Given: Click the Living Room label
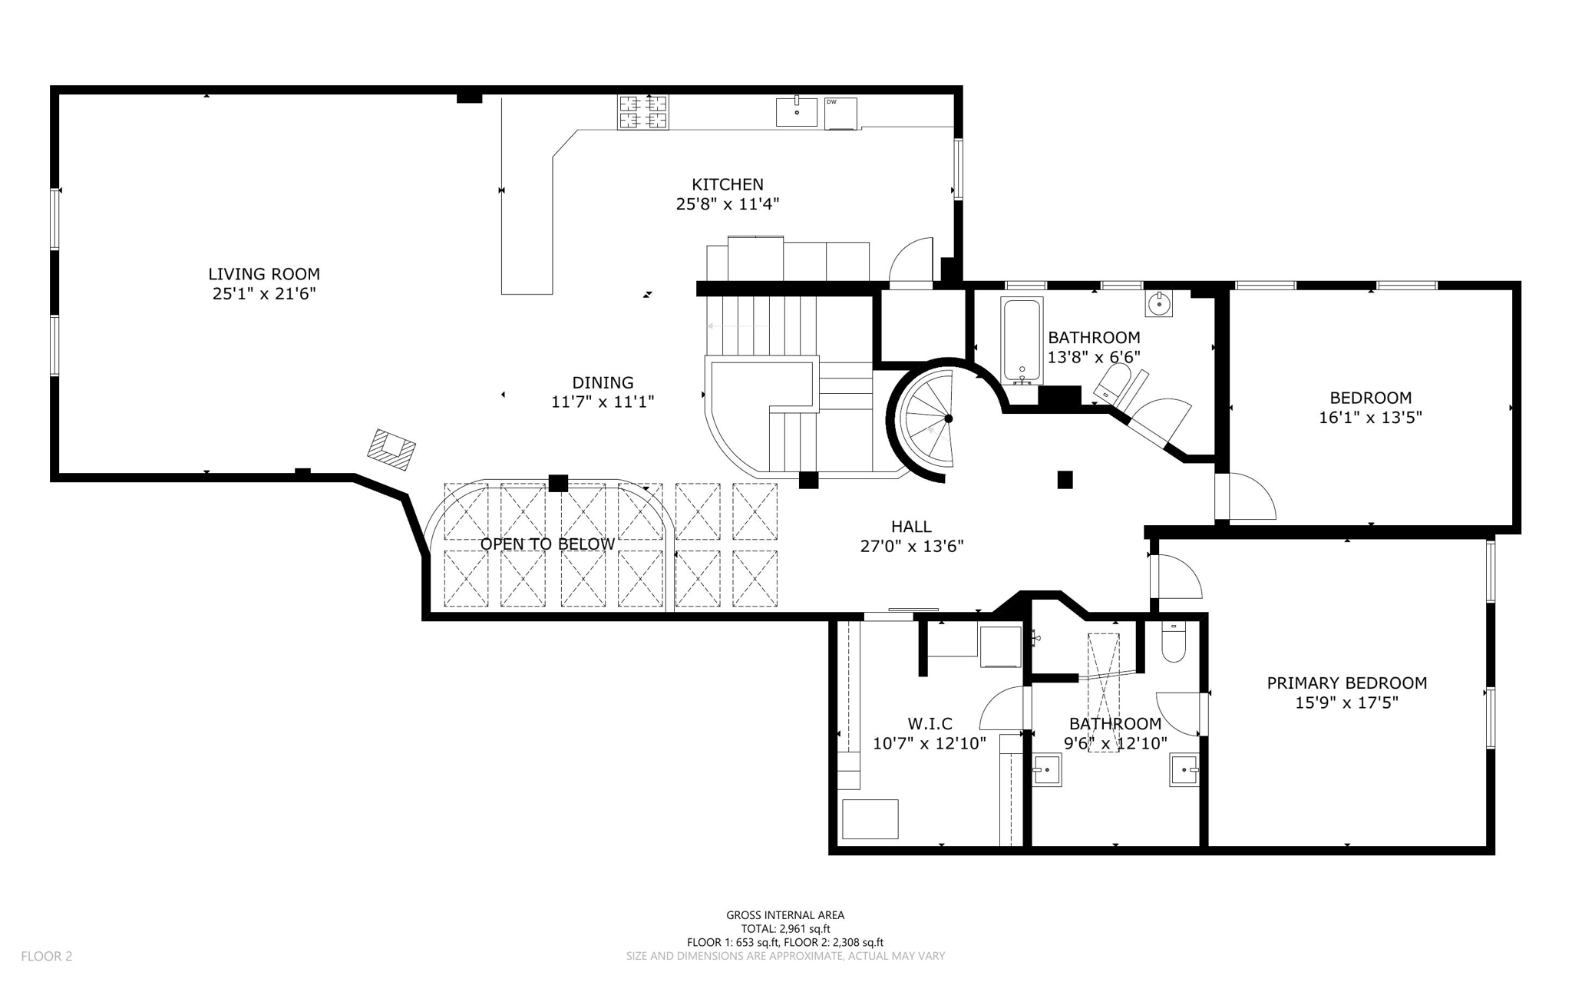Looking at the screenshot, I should pos(263,274).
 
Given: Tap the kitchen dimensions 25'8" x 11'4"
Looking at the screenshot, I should pos(727,204).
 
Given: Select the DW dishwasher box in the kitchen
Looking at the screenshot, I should pos(840,114).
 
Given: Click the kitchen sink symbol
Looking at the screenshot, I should pos(796,112).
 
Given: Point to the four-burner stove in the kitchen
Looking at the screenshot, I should pos(643,112).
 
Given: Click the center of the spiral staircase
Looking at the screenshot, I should pos(948,418).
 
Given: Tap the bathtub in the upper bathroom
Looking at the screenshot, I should pos(1022,341).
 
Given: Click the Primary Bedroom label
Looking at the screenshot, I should pos(1346,683).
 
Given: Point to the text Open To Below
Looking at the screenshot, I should pos(547,544).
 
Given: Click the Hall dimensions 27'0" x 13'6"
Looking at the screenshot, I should pos(911,546).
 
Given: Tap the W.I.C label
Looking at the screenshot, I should pos(930,723).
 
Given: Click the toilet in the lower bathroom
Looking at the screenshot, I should pos(1174,643).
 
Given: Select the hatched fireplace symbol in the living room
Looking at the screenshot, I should pos(391,449).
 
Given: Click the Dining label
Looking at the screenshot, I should pos(603,382).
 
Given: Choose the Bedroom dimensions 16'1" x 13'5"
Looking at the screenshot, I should pos(1370,418).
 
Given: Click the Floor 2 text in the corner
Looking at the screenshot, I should pos(46,956).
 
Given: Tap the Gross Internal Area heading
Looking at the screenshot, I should pos(785,914).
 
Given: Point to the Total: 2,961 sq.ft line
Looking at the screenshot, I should pos(785,928).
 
